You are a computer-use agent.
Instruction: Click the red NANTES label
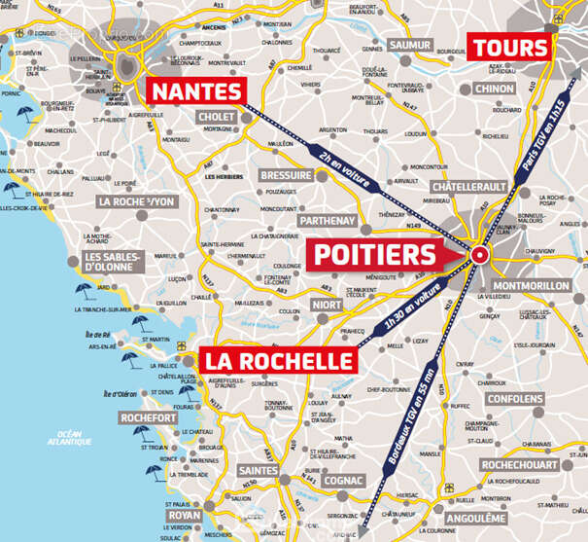[195, 91]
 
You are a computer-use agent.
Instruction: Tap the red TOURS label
[509, 47]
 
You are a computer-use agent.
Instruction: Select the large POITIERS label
[373, 255]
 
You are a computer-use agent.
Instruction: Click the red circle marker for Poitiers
[478, 256]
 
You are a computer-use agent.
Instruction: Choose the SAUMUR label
[409, 46]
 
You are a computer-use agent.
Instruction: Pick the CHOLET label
[216, 117]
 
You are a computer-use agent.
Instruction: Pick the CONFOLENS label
[536, 399]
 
